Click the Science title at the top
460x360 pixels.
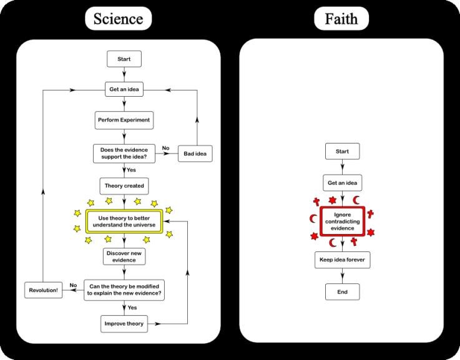tap(118, 19)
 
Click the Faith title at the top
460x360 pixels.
tap(341, 19)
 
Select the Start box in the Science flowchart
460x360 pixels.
tap(124, 59)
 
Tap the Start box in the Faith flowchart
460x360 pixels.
tap(342, 152)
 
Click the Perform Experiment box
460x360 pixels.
tap(124, 119)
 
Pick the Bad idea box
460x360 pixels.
tap(197, 153)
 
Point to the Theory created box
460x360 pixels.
tap(124, 186)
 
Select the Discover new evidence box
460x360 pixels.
tap(124, 256)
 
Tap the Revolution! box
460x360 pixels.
tap(43, 290)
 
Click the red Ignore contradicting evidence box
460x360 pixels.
tap(343, 221)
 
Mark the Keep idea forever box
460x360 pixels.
tap(342, 260)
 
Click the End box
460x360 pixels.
tap(342, 291)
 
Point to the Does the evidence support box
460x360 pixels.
tap(124, 152)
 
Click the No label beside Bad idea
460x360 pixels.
tap(166, 148)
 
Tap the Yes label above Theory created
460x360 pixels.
tap(132, 169)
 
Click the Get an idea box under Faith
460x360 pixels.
tap(342, 183)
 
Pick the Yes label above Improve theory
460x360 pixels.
tap(133, 308)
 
